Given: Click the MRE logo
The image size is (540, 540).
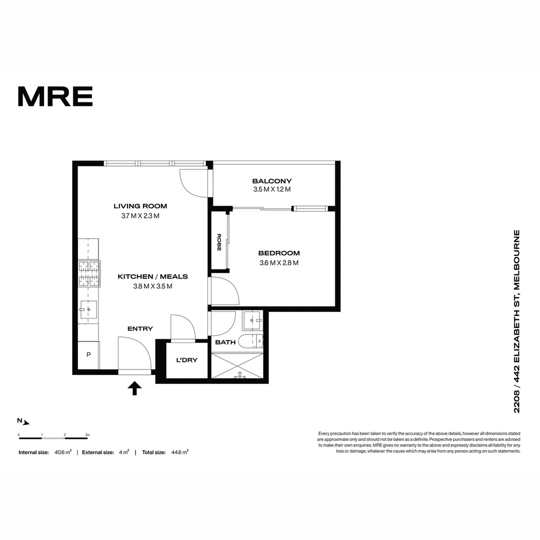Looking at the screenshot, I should coord(55,96).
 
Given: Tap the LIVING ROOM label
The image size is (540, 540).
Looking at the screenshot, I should coord(140,206).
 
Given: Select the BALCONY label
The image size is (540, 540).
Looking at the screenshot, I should coord(272,181).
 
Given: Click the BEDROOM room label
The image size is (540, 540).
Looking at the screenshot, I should coord(279,253).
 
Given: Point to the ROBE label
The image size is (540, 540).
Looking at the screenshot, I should coord(219,242).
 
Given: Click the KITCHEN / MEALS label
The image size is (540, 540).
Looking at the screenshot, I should coord(152,276).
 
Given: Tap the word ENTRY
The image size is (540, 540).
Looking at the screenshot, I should coord(140,328).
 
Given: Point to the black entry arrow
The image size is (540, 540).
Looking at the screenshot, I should coord(134,388).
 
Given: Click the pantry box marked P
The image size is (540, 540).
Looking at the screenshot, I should coord(88,355).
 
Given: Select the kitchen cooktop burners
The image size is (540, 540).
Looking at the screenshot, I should coord(88,274).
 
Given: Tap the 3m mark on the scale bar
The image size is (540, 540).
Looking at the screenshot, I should coord(87,435).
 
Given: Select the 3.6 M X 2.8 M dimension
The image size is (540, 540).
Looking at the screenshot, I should coord(279,263).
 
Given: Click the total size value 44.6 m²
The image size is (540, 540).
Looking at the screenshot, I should coord(178,452).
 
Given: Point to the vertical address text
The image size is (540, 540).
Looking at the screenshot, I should coord(517,321).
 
